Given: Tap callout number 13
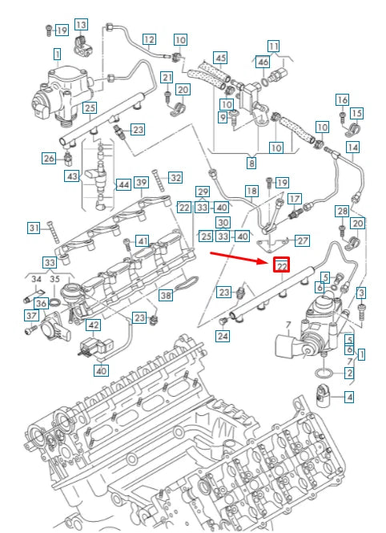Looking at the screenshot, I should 82,25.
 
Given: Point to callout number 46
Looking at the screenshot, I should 263,62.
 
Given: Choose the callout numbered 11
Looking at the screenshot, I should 274,46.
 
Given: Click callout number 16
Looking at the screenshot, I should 342,99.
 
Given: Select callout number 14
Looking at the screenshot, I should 352,147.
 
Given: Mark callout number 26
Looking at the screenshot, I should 49,158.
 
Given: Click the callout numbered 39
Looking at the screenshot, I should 142,184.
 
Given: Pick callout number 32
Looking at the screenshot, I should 175,177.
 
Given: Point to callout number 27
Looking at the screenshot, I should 302,240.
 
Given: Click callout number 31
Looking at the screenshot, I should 34,228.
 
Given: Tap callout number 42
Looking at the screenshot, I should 94,325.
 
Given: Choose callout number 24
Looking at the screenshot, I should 222,336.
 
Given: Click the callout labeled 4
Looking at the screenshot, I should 348,396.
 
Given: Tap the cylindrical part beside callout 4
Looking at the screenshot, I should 325,395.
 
